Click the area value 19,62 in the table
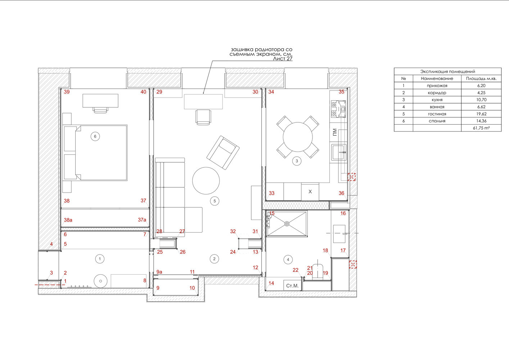[x=481, y=114]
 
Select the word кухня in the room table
[x=437, y=100]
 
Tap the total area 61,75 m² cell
[x=481, y=128]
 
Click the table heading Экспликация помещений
[x=448, y=71]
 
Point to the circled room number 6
[x=95, y=136]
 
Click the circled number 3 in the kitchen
[x=297, y=161]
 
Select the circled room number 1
[x=99, y=258]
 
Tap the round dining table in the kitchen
[x=298, y=137]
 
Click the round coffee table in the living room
[x=206, y=181]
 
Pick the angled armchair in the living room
[x=223, y=153]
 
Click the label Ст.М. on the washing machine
[x=292, y=286]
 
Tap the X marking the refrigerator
[x=310, y=192]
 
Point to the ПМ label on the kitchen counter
[x=334, y=132]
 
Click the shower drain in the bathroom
[x=287, y=224]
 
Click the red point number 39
[x=67, y=92]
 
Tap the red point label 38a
[x=68, y=220]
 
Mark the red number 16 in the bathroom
[x=343, y=213]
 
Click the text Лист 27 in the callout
[x=283, y=59]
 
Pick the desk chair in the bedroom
[x=100, y=110]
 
